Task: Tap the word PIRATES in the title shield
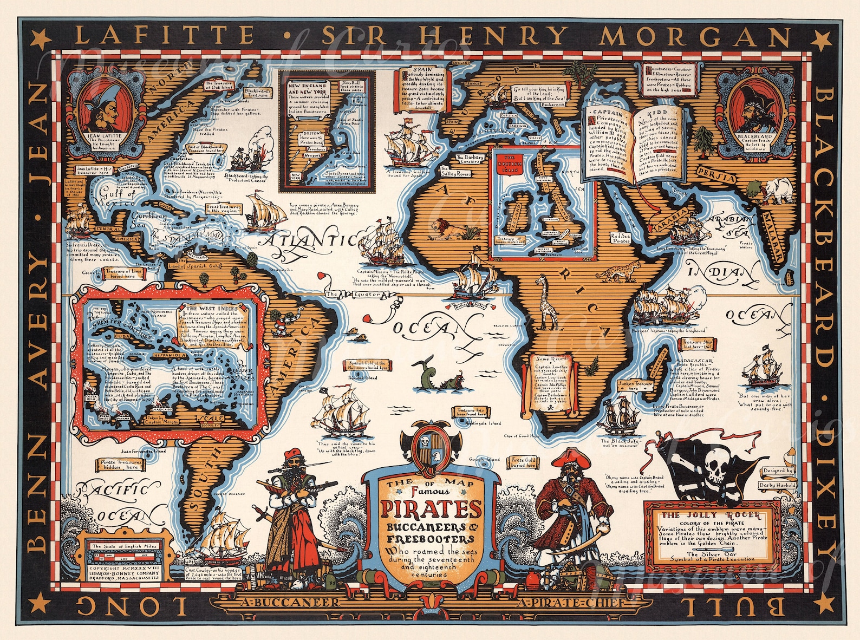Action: [431, 510]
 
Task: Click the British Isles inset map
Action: [542, 200]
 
